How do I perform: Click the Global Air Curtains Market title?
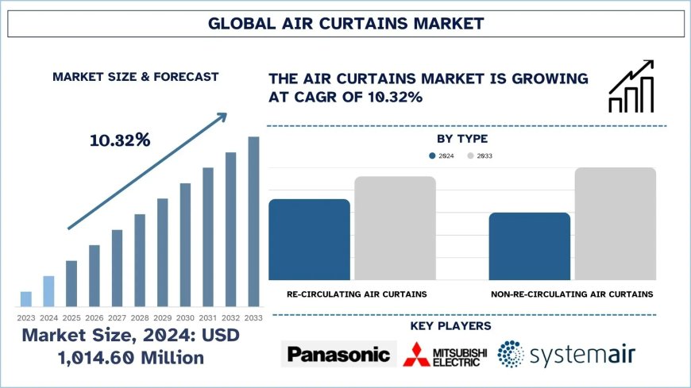coord(345,24)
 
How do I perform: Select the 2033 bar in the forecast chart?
coord(253,221)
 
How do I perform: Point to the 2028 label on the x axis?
coord(139,317)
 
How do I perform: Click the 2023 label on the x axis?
coord(25,317)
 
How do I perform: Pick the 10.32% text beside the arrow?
coord(120,140)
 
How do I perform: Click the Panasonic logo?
coord(338,354)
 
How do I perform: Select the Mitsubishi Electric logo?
coord(443,354)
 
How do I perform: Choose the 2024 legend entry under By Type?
coord(442,156)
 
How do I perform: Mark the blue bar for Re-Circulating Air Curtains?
coord(309,239)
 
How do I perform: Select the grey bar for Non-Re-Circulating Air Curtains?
coord(615,223)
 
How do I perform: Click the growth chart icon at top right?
coord(631,86)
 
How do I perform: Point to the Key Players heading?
coord(450,326)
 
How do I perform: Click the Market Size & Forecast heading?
coord(135,77)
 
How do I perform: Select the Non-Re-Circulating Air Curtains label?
coord(572,294)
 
